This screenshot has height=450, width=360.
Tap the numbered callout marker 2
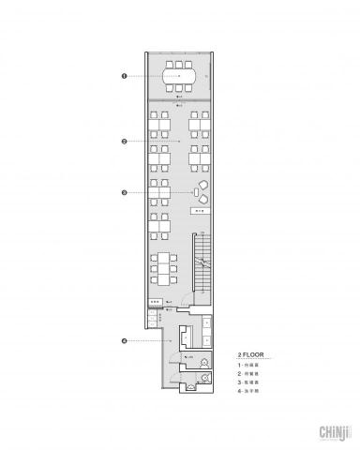(x=125, y=141)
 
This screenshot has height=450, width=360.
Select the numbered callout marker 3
(x=125, y=193)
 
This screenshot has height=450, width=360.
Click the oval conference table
(x=178, y=73)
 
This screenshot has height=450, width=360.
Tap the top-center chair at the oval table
(x=178, y=63)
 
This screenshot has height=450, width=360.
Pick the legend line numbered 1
(x=248, y=365)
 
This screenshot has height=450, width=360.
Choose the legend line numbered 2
(x=248, y=373)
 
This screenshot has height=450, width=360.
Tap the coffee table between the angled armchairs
(x=197, y=192)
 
